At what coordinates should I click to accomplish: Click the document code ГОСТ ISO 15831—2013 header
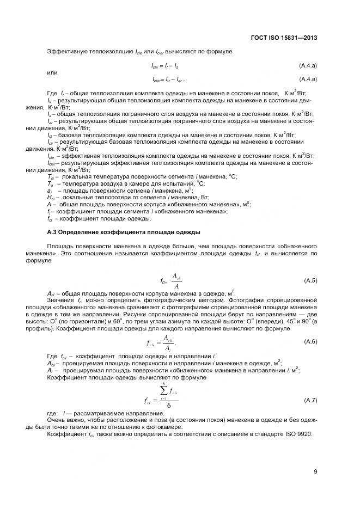tap(284, 38)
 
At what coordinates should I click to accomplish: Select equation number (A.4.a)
tap(308, 65)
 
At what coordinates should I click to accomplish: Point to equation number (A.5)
tap(310, 280)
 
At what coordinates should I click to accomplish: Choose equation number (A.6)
tap(310, 341)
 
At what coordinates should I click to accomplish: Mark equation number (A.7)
tap(310, 400)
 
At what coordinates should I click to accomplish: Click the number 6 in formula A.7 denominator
tap(169, 406)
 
